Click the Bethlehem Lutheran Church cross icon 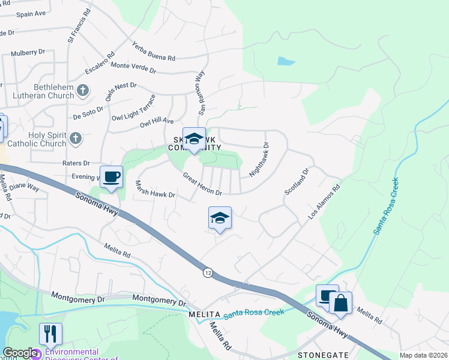pyautogui.click(x=83, y=91)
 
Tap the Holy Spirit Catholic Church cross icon pyautogui.click(x=75, y=139)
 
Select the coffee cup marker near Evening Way pyautogui.click(x=112, y=178)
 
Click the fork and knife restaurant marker pyautogui.click(x=50, y=334)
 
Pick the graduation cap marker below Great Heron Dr pyautogui.click(x=220, y=218)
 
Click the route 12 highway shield pyautogui.click(x=207, y=272)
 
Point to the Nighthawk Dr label pyautogui.click(x=259, y=158)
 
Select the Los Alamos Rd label pyautogui.click(x=324, y=202)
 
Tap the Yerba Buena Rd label pyautogui.click(x=153, y=51)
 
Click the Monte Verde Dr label pyautogui.click(x=133, y=68)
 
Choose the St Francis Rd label pyautogui.click(x=79, y=26)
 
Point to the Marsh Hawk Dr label pyautogui.click(x=154, y=190)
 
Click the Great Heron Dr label pyautogui.click(x=202, y=185)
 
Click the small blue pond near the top pyautogui.click(x=285, y=61)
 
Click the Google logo pyautogui.click(x=20, y=353)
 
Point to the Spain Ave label pyautogui.click(x=31, y=13)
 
